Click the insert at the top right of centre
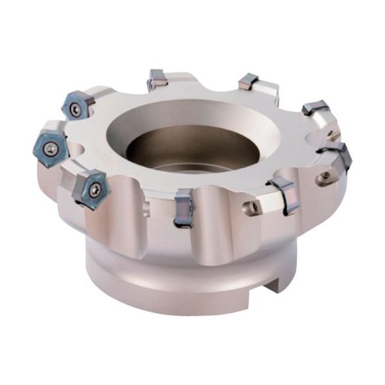pyautogui.click(x=248, y=81)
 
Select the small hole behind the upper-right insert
pyautogui.click(x=332, y=134)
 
